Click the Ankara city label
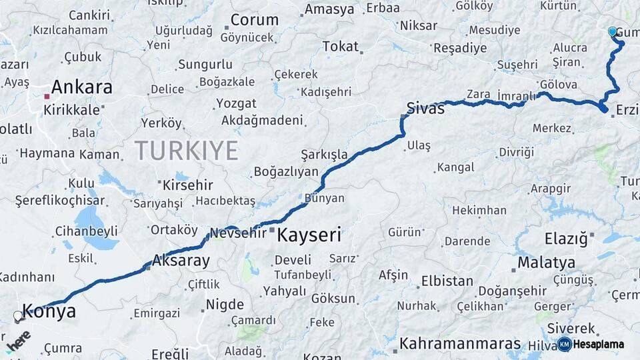click(x=81, y=87)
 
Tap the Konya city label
click(x=49, y=311)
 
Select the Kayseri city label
click(x=309, y=235)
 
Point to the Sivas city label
click(x=425, y=109)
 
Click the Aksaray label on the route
click(x=181, y=261)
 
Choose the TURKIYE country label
click(x=186, y=151)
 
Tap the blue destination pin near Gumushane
click(x=613, y=31)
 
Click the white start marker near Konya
click(x=18, y=315)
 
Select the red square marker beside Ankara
click(x=47, y=97)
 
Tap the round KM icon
click(x=564, y=345)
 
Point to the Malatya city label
click(x=546, y=262)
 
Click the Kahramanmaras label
click(x=460, y=344)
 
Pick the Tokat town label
click(x=340, y=47)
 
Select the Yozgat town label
click(x=236, y=104)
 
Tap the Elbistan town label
click(x=447, y=281)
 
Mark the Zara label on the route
click(x=478, y=94)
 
